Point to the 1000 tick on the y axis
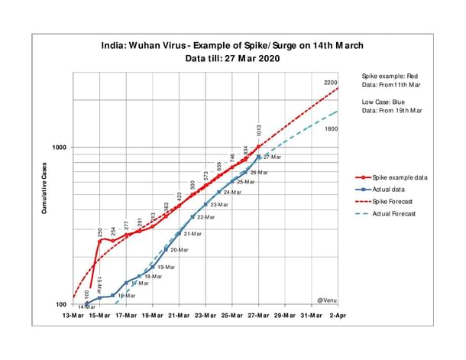click(x=59, y=148)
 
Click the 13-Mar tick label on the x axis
click(x=74, y=316)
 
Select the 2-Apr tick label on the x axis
click(x=337, y=316)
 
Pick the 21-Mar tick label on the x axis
click(x=180, y=316)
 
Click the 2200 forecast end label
click(x=330, y=83)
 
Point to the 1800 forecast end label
click(x=331, y=129)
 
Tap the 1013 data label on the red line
click(x=260, y=131)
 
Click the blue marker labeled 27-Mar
click(x=259, y=157)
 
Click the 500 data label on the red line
click(x=193, y=184)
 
